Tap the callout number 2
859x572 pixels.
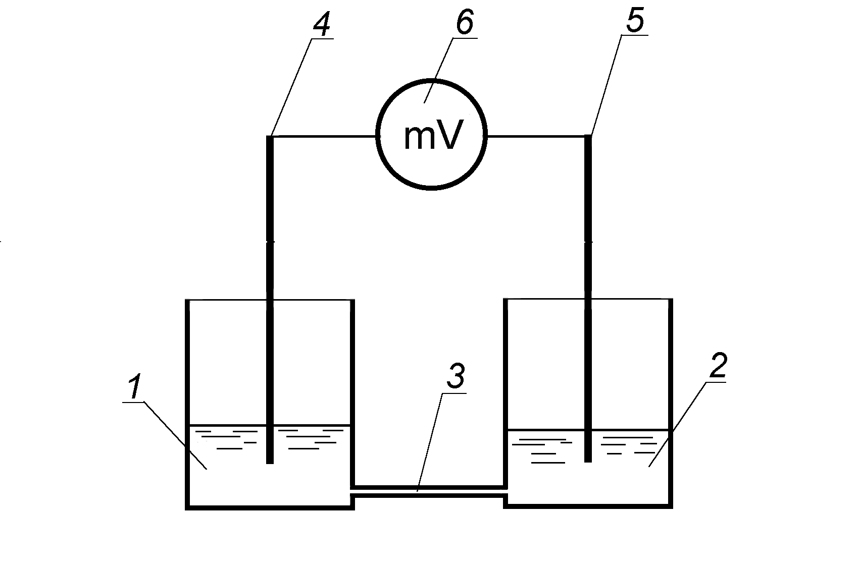coord(718,365)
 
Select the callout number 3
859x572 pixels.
coord(456,375)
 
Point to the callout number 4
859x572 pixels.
coord(321,25)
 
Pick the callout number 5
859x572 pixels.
coord(635,21)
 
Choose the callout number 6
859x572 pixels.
coord(465,22)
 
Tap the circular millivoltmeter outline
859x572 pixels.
coord(431,135)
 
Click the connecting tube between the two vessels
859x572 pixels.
coord(429,491)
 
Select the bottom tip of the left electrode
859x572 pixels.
coord(270,463)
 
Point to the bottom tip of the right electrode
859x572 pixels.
coord(588,461)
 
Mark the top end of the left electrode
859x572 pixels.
coord(270,136)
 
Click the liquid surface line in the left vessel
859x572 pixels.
coord(270,425)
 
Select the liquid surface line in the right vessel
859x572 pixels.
coord(588,430)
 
